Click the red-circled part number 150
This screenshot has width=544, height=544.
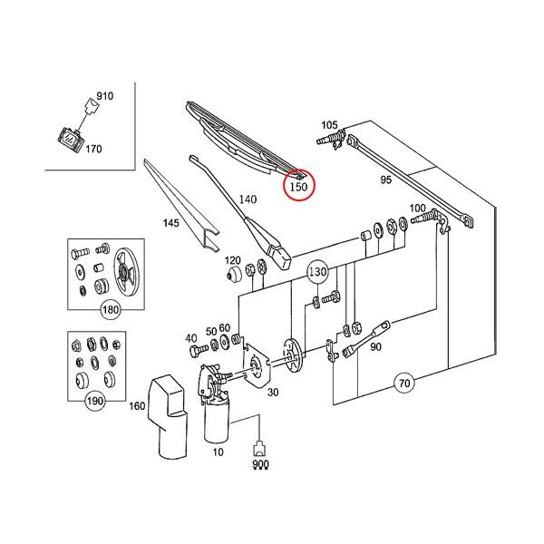[x=297, y=188]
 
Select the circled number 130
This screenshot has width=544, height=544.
[x=316, y=271]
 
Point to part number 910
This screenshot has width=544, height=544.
[x=104, y=95]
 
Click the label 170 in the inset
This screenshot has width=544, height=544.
[x=93, y=150]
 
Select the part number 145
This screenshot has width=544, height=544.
[x=171, y=222]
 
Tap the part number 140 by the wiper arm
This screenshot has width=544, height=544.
[x=248, y=199]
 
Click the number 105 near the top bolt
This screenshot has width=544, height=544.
[x=329, y=124]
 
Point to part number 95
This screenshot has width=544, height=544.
[x=385, y=180]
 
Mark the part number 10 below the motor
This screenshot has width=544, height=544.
[x=217, y=451]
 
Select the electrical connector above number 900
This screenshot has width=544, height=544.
[x=260, y=446]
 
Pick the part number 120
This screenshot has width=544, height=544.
[x=233, y=259]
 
